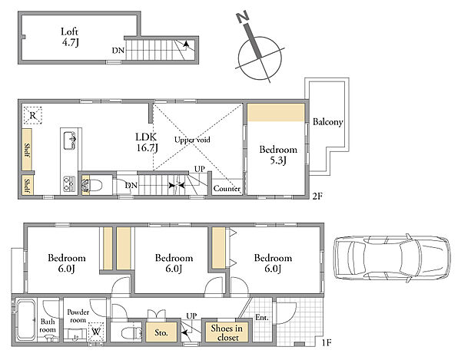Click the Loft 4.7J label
click(x=70, y=37)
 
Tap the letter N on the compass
click(x=243, y=17)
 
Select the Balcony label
click(x=328, y=122)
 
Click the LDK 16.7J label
click(x=147, y=142)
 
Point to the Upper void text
click(x=192, y=140)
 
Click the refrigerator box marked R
click(x=32, y=115)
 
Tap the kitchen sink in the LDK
click(x=70, y=140)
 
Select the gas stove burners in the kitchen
click(x=69, y=183)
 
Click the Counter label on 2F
click(x=227, y=189)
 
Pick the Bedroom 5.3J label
click(x=278, y=155)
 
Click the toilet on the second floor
click(x=95, y=186)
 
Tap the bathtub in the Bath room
click(x=25, y=319)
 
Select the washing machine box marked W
click(x=95, y=332)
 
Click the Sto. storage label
click(x=161, y=332)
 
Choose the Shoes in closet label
click(x=227, y=332)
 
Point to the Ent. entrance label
click(x=262, y=318)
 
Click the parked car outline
click(x=392, y=258)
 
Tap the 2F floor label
click(x=317, y=196)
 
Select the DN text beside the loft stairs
click(x=118, y=51)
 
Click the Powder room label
click(x=78, y=316)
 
